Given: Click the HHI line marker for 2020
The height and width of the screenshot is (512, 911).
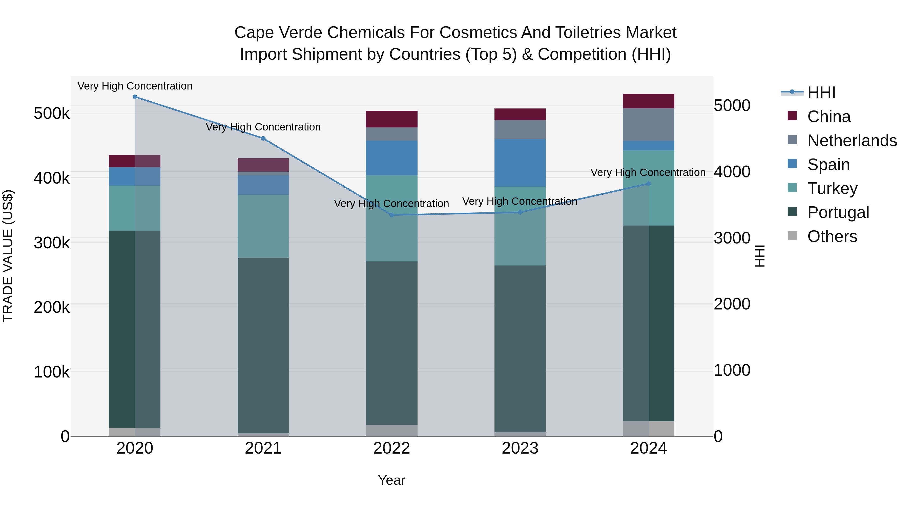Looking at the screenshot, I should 135,97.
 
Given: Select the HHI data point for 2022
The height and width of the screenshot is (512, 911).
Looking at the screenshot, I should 391,215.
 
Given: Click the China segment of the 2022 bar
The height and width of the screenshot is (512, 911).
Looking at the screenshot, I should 391,119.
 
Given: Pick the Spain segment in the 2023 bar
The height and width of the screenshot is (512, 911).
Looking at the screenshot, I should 520,163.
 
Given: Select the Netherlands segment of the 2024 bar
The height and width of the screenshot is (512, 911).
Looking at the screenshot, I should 648,124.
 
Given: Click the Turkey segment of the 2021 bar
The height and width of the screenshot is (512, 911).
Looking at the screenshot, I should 263,226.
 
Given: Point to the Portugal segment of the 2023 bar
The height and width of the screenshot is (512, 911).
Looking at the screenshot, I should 520,348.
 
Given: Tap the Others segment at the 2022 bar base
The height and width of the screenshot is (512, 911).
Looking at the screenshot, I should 391,430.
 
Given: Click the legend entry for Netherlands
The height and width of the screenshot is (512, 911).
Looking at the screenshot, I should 852,141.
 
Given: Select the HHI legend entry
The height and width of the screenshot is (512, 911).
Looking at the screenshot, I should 821,93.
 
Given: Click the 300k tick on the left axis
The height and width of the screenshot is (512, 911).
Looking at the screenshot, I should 52,243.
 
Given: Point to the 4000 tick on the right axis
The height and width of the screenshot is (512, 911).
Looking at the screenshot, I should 732,172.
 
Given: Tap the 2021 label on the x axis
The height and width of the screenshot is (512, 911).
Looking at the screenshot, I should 263,448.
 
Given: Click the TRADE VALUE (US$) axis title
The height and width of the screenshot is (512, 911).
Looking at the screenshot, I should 8,256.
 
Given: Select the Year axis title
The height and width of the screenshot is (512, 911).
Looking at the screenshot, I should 391,480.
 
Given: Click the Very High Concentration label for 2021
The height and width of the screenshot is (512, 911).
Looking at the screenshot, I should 263,127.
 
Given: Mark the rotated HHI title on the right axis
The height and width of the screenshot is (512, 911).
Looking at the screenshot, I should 760,256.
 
